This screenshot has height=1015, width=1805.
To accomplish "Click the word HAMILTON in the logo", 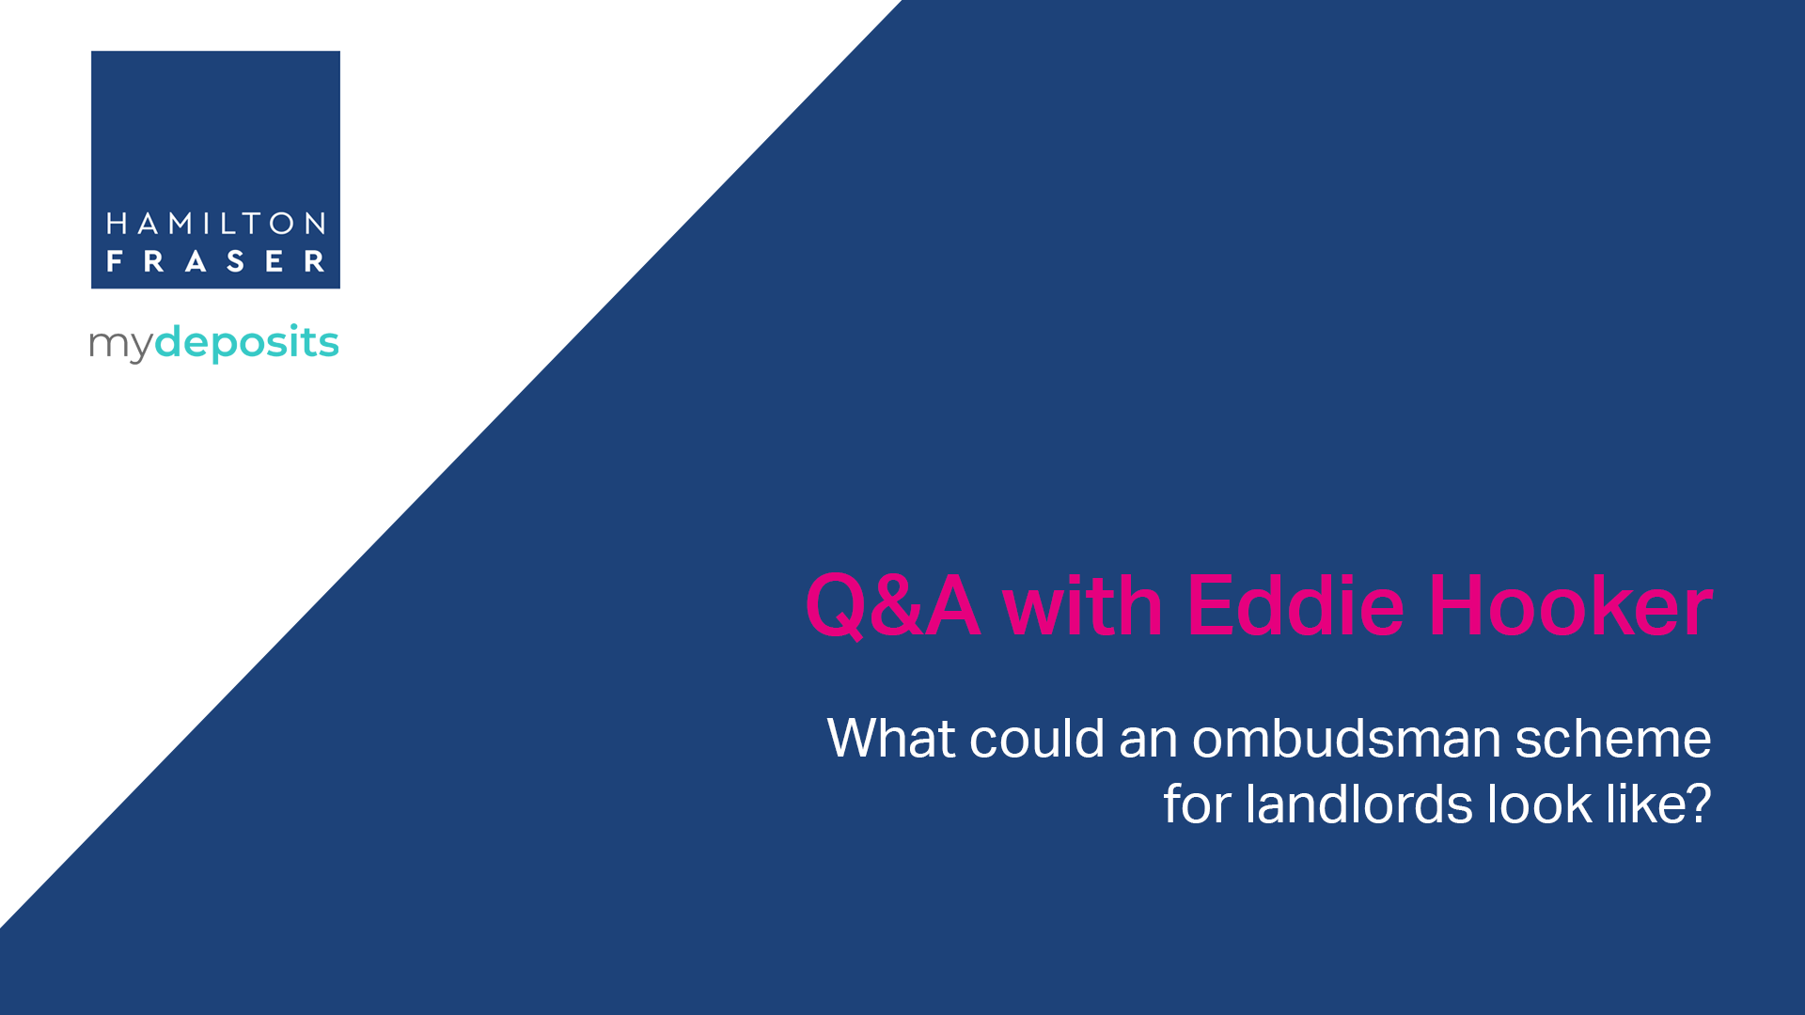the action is point(215,224).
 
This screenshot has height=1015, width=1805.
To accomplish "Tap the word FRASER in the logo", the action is point(215,261).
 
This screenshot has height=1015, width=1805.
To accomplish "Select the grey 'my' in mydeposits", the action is point(120,346).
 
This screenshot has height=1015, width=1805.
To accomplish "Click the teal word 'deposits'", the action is point(246,341).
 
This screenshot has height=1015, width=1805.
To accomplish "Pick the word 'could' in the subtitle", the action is point(1037,738).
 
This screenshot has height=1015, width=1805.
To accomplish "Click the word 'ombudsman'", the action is point(1347,738).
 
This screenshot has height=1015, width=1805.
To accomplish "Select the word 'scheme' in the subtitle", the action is point(1613,738).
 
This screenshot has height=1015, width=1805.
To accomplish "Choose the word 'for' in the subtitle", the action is point(1197,804).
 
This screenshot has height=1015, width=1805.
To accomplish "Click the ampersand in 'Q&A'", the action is point(893,606).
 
